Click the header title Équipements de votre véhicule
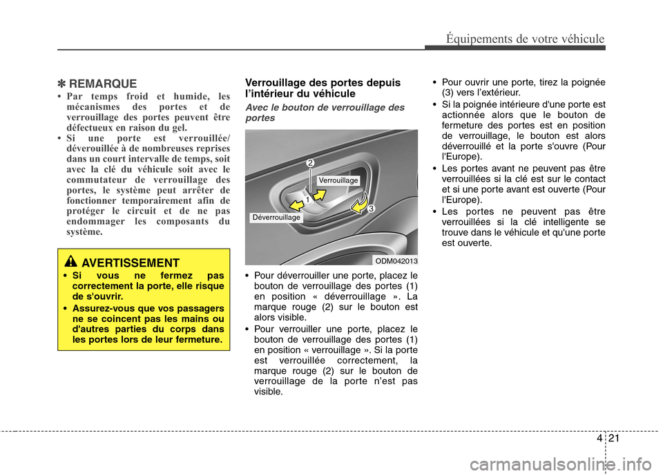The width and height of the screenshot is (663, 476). click(x=524, y=39)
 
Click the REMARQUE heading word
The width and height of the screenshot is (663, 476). click(x=103, y=84)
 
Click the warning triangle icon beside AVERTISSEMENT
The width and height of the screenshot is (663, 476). click(x=72, y=262)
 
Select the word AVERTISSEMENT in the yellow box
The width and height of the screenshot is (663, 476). click(x=130, y=263)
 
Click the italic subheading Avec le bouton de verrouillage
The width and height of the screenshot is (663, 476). click(x=324, y=108)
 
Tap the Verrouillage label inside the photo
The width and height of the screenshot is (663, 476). click(x=338, y=180)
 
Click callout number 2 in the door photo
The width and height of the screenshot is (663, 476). click(x=311, y=162)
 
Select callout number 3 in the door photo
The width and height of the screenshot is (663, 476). click(x=371, y=208)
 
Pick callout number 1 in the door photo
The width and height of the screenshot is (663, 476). click(x=307, y=199)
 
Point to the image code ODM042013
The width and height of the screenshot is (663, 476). click(x=396, y=260)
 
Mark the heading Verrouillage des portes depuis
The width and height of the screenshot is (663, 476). click(x=322, y=83)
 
